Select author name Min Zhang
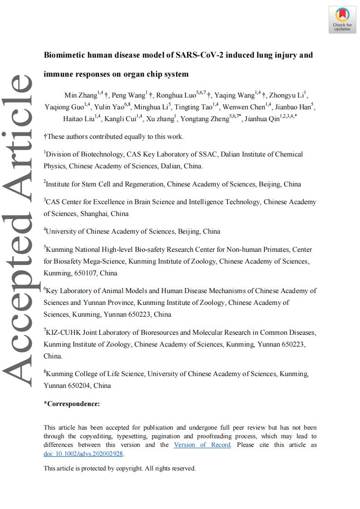tap(81, 96)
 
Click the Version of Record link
tap(202, 445)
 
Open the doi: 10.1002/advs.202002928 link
tap(84, 453)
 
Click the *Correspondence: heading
tap(72, 404)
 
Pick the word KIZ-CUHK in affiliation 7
tap(61, 333)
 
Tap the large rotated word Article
tap(18, 132)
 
